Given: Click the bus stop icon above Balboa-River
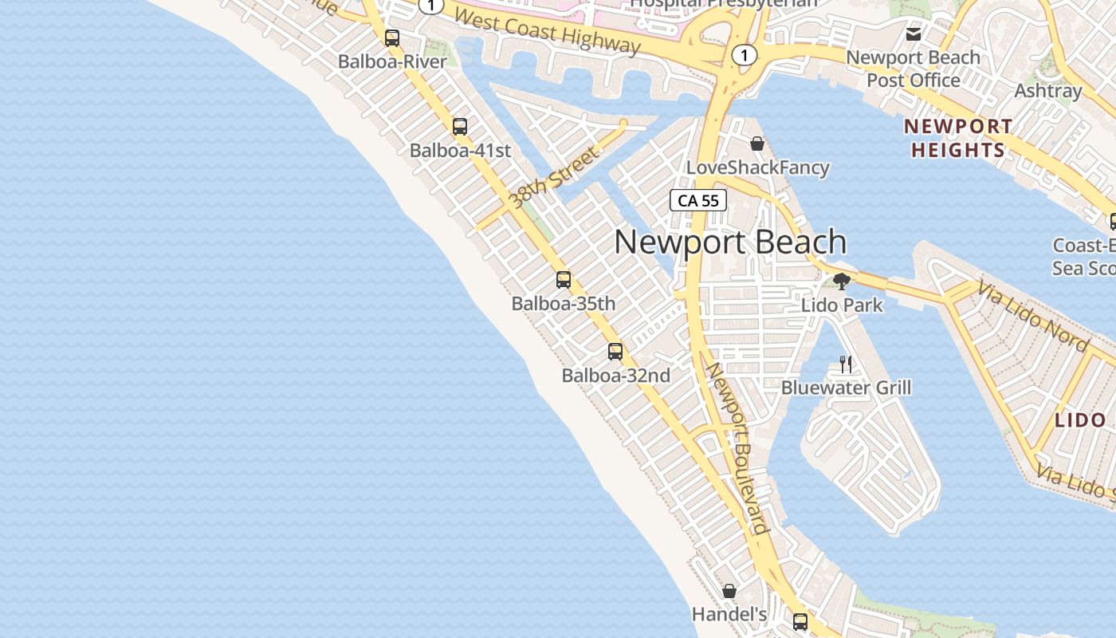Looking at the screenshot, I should pyautogui.click(x=391, y=37).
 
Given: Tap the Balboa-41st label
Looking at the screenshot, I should pyautogui.click(x=460, y=150).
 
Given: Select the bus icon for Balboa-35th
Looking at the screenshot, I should pyautogui.click(x=564, y=280).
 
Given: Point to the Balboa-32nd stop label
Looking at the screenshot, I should pyautogui.click(x=615, y=375).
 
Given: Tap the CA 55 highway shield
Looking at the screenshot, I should pyautogui.click(x=698, y=200).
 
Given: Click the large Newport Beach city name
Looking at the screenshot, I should pyautogui.click(x=729, y=242).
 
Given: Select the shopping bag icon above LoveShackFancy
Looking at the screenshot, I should pyautogui.click(x=757, y=144).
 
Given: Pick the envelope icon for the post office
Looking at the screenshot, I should pyautogui.click(x=914, y=34).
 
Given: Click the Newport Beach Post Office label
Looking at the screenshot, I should pyautogui.click(x=914, y=69).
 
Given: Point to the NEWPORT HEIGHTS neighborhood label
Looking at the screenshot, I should pyautogui.click(x=958, y=138).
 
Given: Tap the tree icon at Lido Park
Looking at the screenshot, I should pyautogui.click(x=841, y=281).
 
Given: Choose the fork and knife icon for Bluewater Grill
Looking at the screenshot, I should pyautogui.click(x=846, y=364).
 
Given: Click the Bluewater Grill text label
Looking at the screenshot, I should pyautogui.click(x=846, y=388).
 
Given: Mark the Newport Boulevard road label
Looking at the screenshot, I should pyautogui.click(x=737, y=448).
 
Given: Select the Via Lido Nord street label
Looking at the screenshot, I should pyautogui.click(x=1032, y=317).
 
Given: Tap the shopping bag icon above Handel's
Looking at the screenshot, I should pyautogui.click(x=729, y=591).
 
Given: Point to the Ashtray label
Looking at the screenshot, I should pyautogui.click(x=1047, y=91).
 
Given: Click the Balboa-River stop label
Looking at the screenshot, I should pyautogui.click(x=392, y=61).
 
